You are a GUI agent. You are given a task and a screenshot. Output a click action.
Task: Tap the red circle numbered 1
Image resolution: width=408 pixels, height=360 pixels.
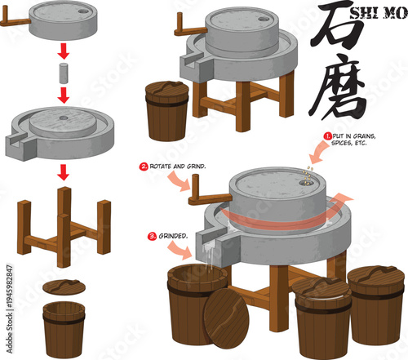(327, 136)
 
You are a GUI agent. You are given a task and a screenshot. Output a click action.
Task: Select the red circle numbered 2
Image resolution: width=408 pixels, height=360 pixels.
(144, 167)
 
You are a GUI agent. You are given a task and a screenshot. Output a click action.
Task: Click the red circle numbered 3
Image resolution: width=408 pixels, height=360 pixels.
(151, 237)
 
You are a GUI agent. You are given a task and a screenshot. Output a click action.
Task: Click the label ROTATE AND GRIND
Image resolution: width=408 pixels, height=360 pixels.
(175, 167)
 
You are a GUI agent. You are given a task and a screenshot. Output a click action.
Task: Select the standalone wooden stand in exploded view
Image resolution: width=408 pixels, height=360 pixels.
(63, 224)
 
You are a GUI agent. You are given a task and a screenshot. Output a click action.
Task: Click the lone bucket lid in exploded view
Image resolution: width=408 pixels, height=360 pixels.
(62, 287)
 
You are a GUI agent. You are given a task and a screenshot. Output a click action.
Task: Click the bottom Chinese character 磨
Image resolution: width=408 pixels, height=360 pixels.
(343, 91)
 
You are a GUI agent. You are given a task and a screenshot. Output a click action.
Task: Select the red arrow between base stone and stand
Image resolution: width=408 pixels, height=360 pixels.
(63, 171)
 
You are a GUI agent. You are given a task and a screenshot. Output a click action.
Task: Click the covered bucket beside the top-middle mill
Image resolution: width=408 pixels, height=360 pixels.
(168, 109)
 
